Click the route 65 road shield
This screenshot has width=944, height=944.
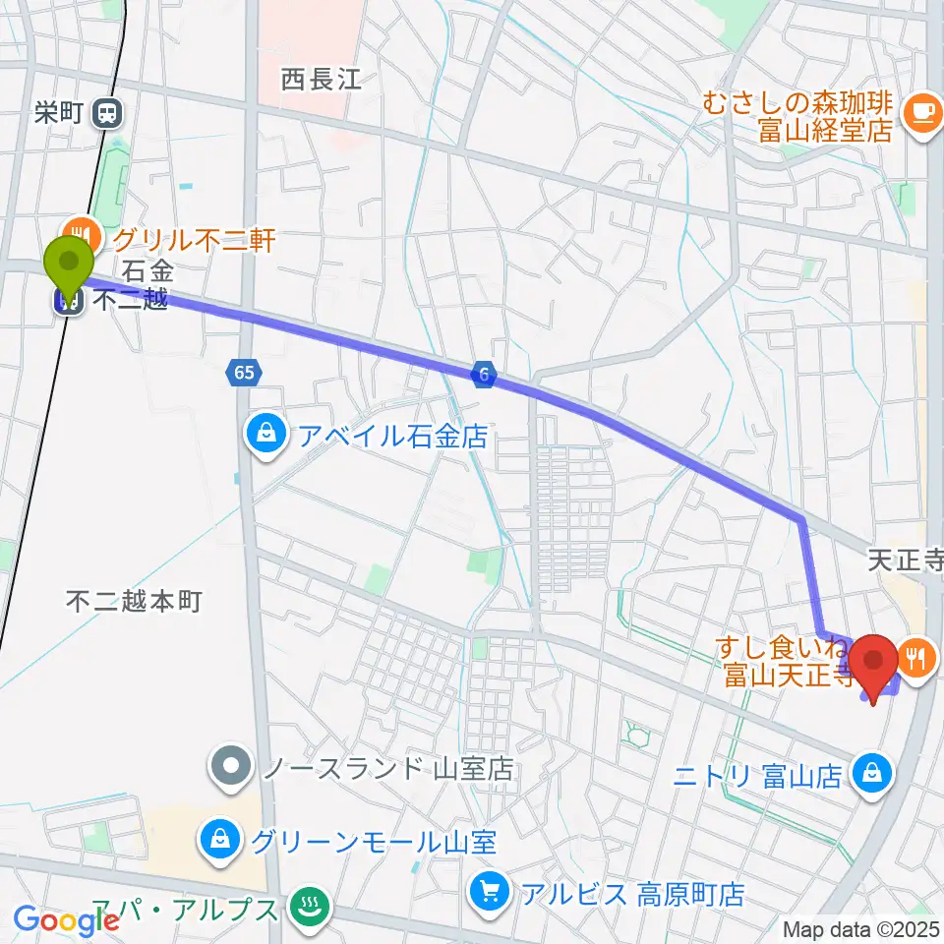click(244, 373)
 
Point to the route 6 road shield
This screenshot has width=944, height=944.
click(483, 373)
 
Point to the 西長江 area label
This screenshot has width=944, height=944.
click(321, 80)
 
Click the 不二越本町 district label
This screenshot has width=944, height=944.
click(134, 600)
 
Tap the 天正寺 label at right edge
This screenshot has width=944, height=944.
click(905, 561)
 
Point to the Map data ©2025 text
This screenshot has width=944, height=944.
click(861, 928)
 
